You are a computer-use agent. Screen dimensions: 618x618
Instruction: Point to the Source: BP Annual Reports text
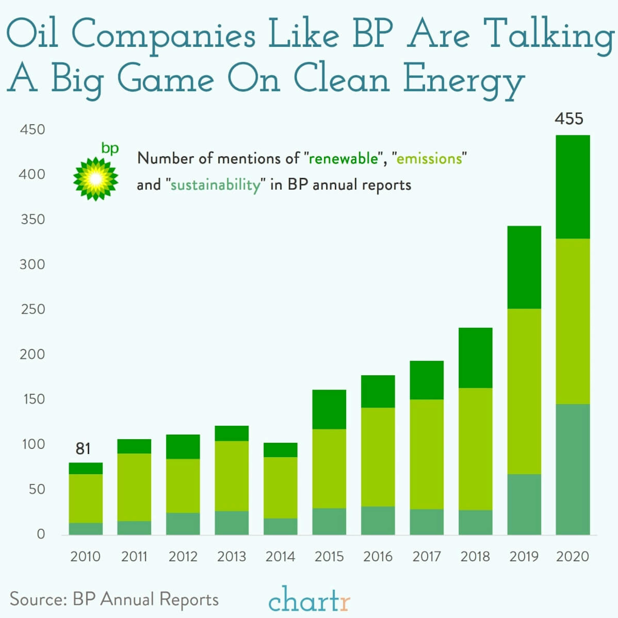(x=114, y=599)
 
